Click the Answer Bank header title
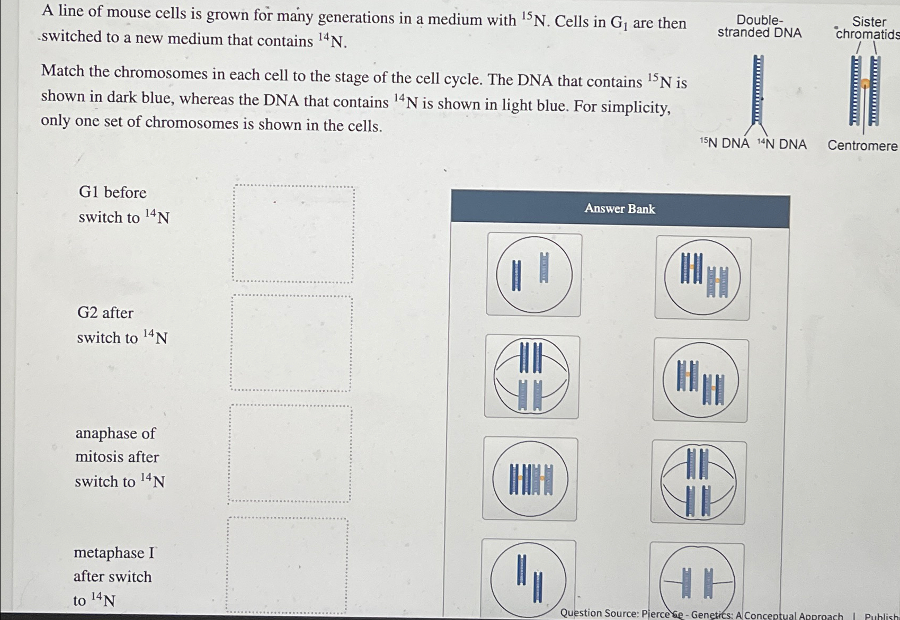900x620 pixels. pos(620,209)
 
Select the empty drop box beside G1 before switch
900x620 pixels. pos(293,233)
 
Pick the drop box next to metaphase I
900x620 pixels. pos(288,565)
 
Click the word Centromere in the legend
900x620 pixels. pos(862,146)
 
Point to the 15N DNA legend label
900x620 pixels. pos(725,143)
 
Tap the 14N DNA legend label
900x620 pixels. pos(782,144)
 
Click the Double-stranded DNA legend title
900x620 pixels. pos(760,26)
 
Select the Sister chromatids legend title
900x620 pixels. pos(868,28)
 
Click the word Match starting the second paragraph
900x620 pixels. pos(63,71)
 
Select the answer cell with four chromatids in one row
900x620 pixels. pos(530,479)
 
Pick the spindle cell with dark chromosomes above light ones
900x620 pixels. pos(531,376)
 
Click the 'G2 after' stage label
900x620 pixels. pos(105,313)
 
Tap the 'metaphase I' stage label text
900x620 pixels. pos(114,553)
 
